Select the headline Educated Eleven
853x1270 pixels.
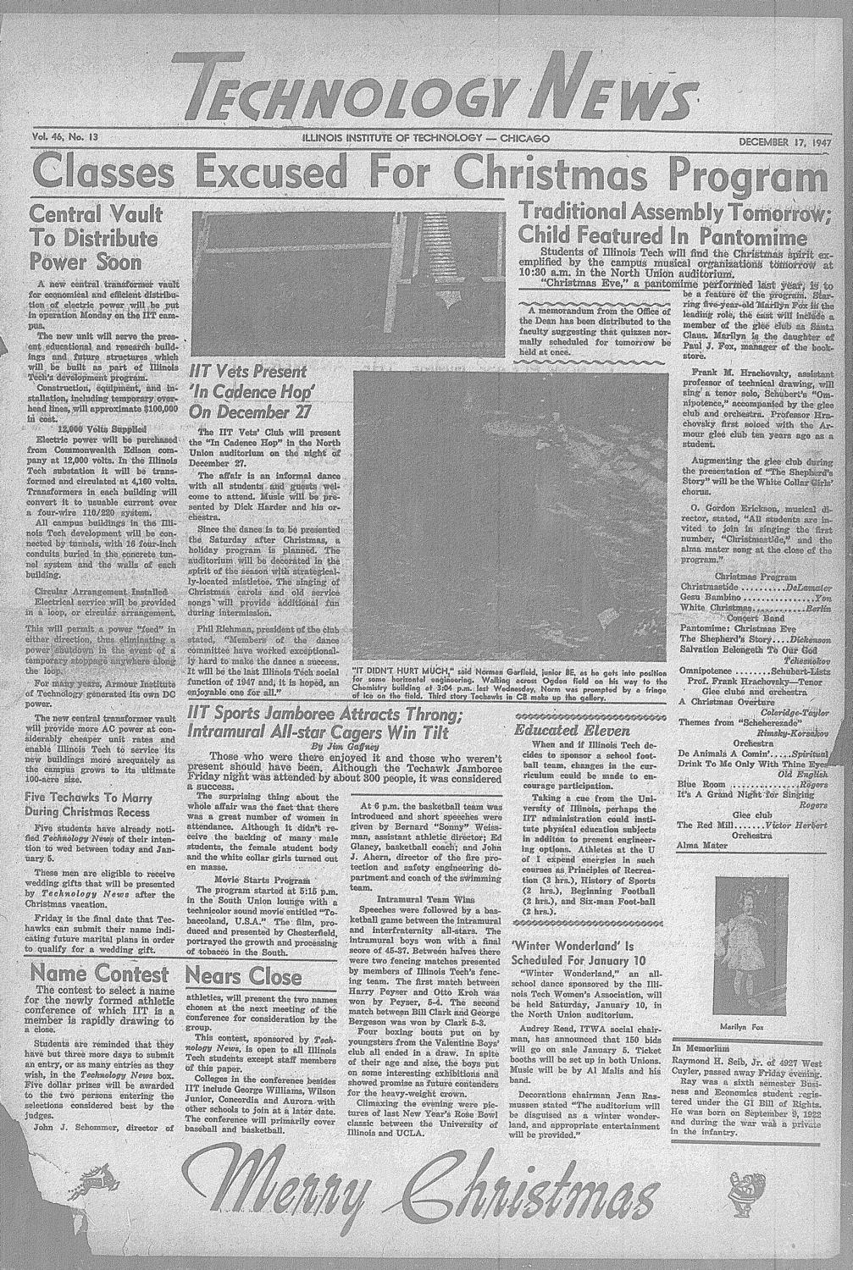[x=562, y=730]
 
